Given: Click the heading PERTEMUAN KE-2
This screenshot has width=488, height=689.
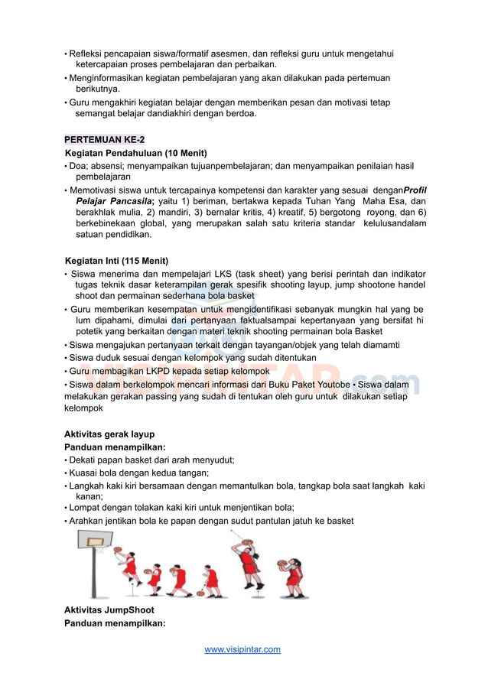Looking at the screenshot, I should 104,140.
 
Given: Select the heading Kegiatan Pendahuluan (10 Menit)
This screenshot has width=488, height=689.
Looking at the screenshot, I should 135,153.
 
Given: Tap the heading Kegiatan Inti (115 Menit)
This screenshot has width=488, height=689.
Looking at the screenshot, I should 116,261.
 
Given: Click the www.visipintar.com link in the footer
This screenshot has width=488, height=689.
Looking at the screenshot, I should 242,649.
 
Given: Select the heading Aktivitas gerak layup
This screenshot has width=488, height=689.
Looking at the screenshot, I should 109,434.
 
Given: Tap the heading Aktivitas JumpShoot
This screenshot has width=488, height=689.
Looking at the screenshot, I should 109,610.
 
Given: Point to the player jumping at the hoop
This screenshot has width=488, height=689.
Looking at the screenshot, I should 128,564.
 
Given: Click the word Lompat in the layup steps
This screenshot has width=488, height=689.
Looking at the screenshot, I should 86,507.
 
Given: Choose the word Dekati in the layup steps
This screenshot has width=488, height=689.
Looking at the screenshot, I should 84,460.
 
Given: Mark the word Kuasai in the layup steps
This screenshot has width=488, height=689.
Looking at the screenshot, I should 84,473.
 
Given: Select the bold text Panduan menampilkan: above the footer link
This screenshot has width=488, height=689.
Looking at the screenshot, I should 115,623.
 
